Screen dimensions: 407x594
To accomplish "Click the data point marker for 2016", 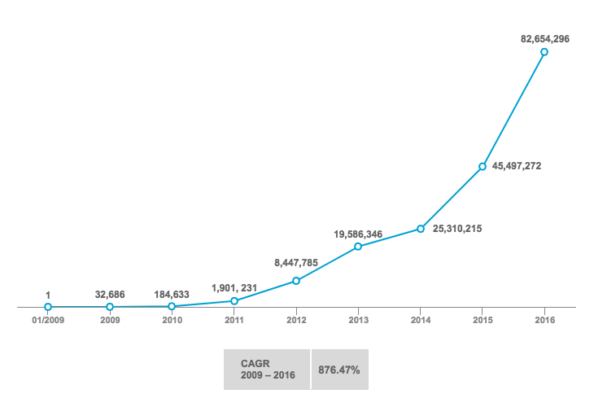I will point(544,52).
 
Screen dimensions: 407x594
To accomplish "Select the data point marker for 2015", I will point(483,167).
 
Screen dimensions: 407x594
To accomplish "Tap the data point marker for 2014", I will point(421,229).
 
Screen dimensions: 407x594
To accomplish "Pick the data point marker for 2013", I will point(358,246).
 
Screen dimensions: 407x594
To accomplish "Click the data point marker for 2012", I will point(296,281).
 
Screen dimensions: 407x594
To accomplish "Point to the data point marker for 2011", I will point(234,301).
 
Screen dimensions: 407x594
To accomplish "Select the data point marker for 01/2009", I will point(48,307).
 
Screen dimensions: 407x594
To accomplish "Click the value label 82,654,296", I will point(545,37).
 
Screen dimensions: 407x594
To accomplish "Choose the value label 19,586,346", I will point(359,234).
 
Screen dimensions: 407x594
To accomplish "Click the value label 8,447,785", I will point(296,263).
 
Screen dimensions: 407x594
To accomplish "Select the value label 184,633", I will point(172,295).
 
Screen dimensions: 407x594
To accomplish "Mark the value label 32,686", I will point(110,295).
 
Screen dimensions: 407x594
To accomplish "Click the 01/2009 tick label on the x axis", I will point(48,320).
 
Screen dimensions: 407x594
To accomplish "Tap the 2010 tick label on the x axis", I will point(172,320).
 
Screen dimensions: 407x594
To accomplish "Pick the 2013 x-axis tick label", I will point(358,320).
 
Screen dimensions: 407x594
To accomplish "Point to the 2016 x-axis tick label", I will point(544,320).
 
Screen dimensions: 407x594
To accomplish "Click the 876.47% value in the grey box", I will point(339,370).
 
